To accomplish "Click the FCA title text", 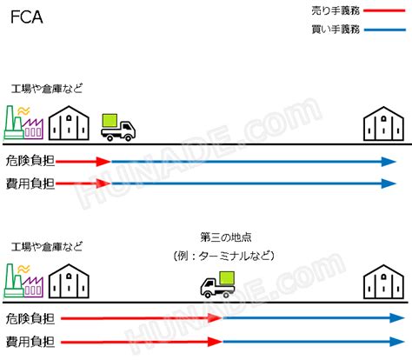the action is click(27, 17).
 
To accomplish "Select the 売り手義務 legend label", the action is click(336, 10).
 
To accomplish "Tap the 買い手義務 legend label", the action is click(336, 30).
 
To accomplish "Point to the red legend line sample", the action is click(384, 10).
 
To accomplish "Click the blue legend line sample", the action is click(384, 30).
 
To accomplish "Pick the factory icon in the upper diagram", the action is click(23, 123).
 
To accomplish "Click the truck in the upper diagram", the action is click(118, 128).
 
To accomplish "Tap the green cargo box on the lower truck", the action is click(227, 278).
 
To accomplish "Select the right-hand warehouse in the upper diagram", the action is click(383, 123).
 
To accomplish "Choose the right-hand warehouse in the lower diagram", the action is click(383, 282).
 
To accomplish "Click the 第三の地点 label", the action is click(226, 237).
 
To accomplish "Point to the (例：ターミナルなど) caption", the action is click(224, 256).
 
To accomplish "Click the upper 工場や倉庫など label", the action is click(47, 89).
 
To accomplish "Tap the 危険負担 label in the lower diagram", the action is click(30, 318).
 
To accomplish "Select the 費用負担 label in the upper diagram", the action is click(30, 183).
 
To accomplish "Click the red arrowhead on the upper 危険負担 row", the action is click(103, 162).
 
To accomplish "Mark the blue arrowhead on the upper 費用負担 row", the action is click(389, 183).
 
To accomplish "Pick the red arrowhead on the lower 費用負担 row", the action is click(215, 342).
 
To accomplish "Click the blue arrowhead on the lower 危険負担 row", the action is click(397, 318).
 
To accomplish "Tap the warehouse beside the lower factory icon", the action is click(69, 281).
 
